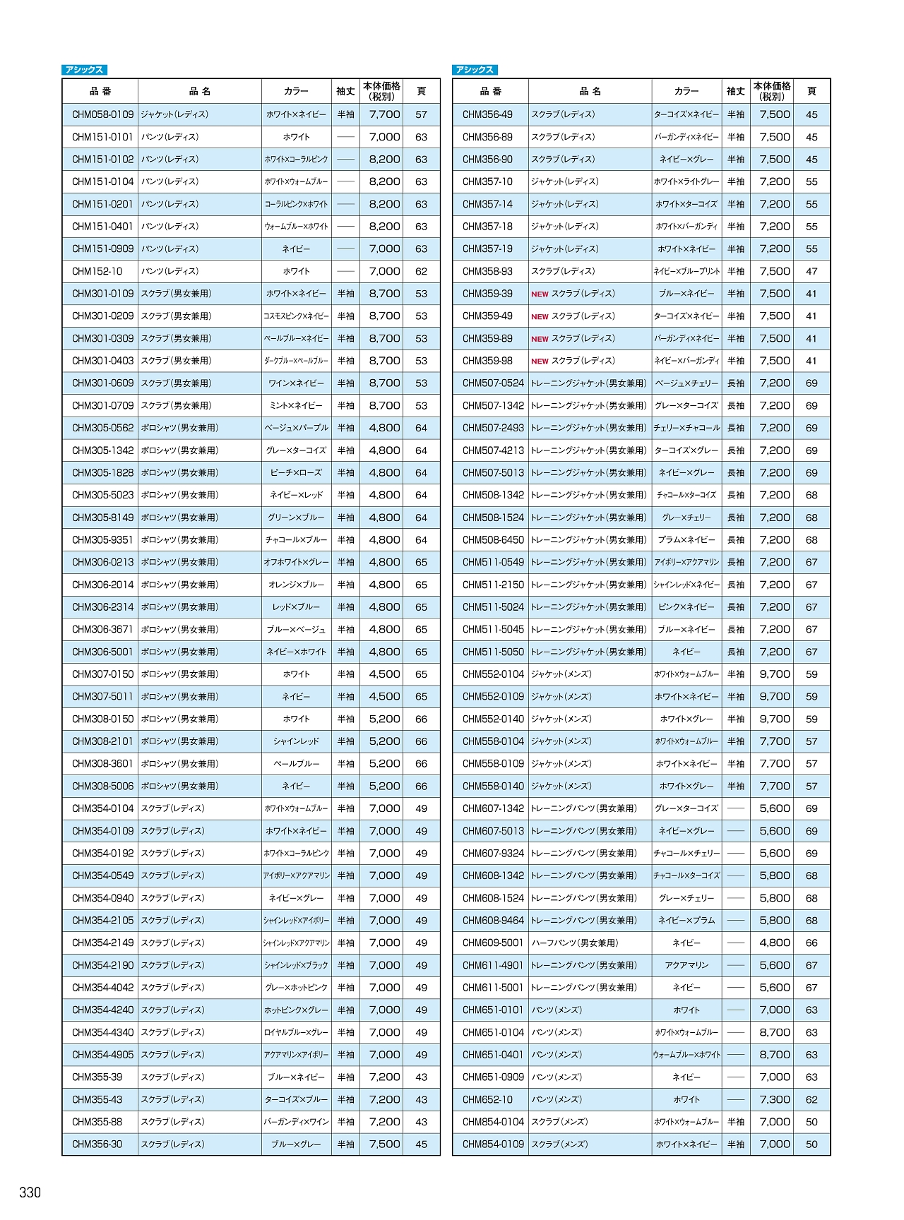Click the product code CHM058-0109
pos(102,114)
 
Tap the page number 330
pos(30,1192)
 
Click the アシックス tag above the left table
pos(84,70)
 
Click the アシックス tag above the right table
pos(475,70)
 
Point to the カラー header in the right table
pos(686,91)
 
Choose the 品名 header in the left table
pos(200,91)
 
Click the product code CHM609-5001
pos(493,943)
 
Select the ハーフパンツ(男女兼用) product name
pos(574,943)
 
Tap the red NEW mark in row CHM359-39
pos(540,294)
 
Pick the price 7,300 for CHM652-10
pos(775,1099)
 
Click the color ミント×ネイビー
pos(296,406)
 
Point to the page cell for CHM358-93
pos(811,271)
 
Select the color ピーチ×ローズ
pos(296,473)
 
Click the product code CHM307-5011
pos(102,696)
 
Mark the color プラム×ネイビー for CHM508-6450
pos(686,540)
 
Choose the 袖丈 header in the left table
pos(345,91)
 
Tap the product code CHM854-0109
pos(493,1144)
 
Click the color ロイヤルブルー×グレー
pos(296,1032)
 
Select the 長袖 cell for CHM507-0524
pos(736,383)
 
